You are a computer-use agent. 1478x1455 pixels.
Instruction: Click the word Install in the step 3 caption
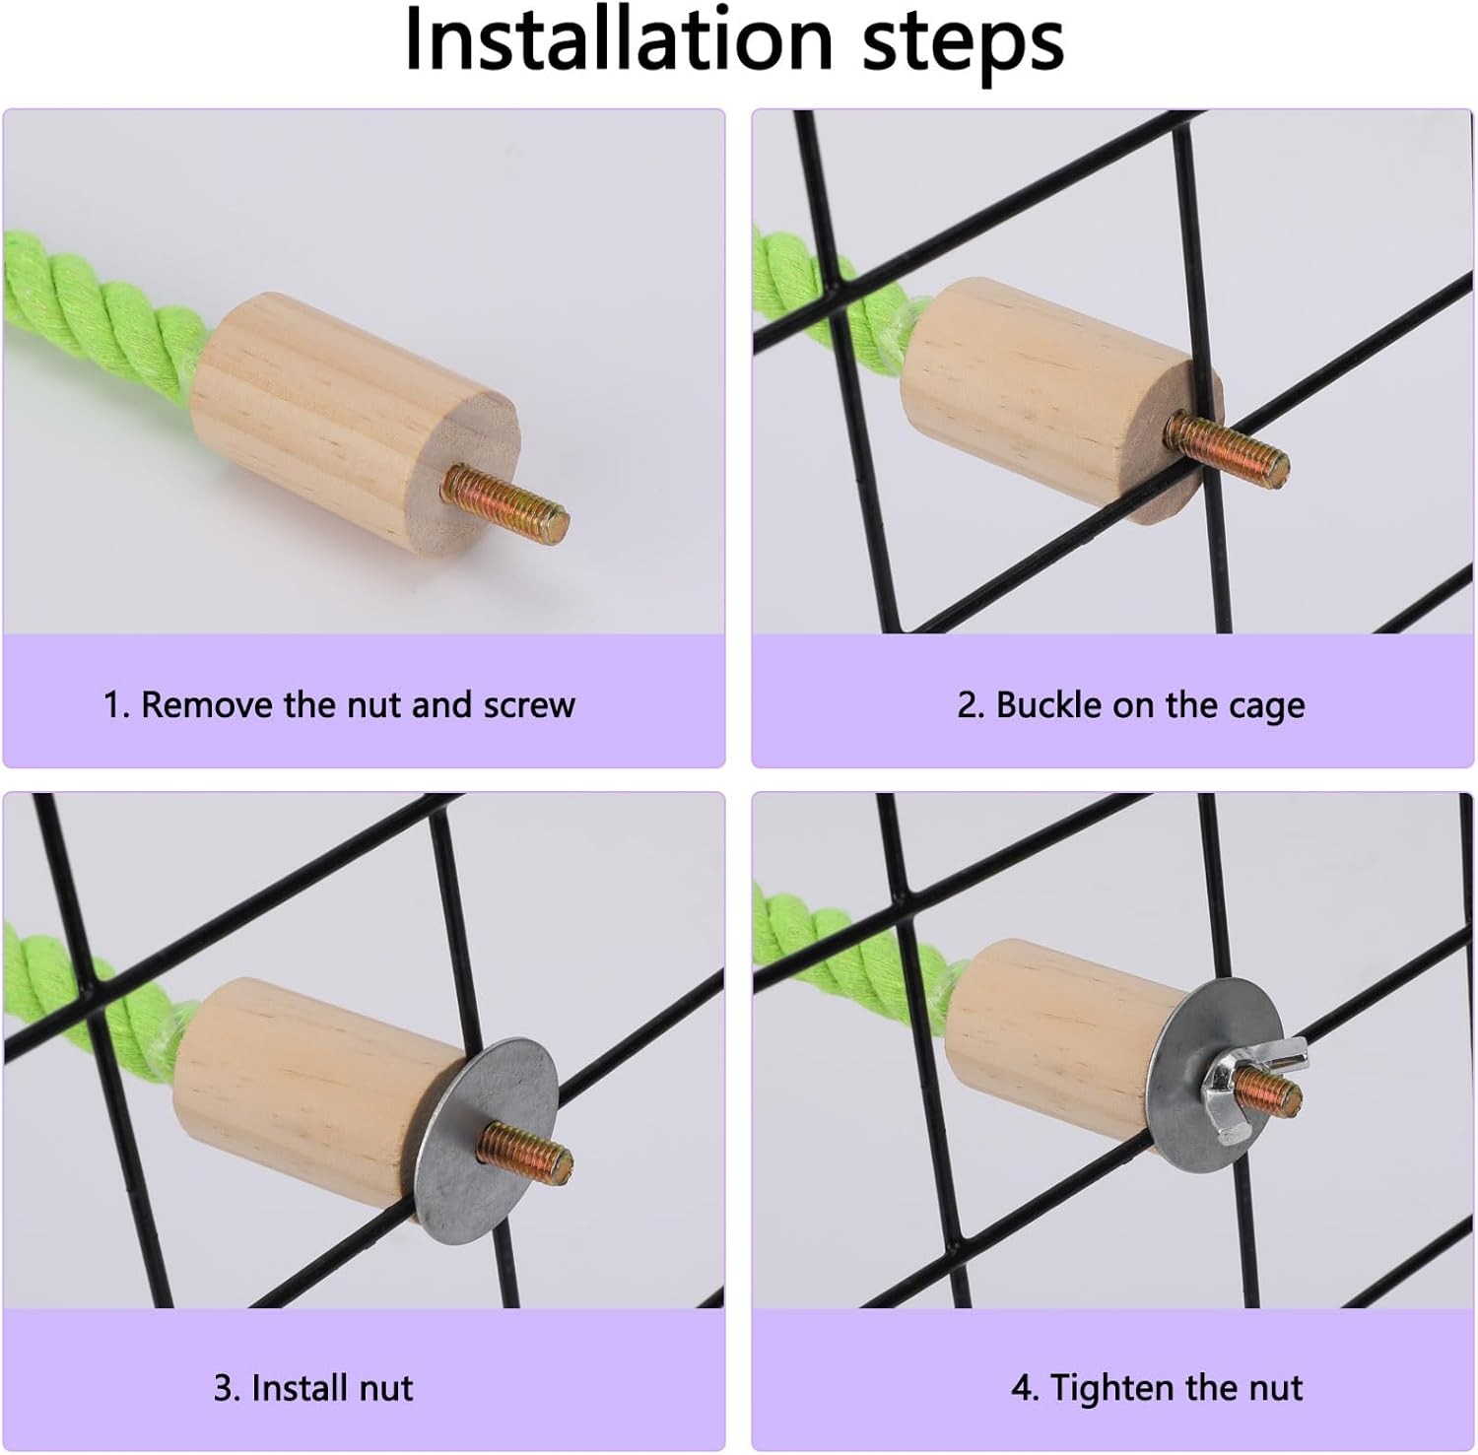tap(291, 1387)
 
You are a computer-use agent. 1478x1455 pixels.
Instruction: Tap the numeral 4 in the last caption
tap(1023, 1388)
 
